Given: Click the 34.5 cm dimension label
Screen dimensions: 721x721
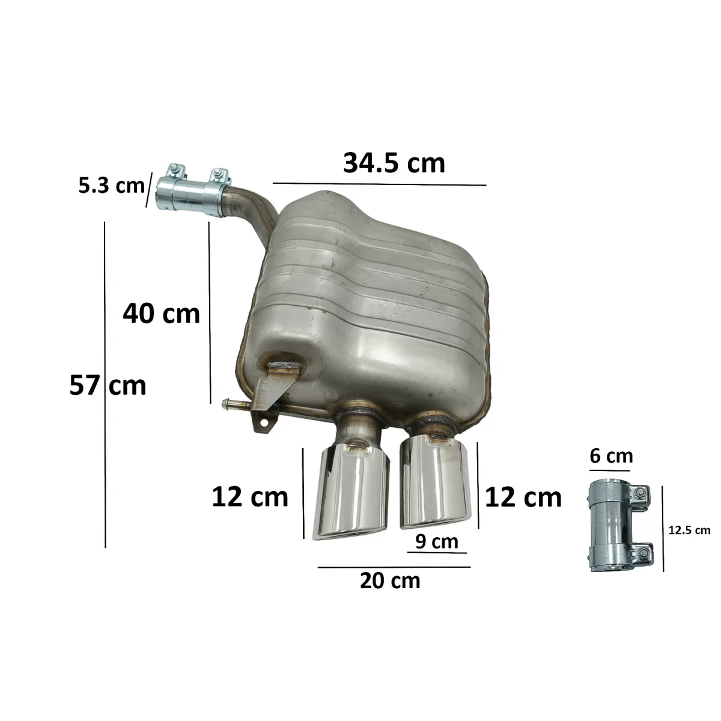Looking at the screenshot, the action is pos(394,163).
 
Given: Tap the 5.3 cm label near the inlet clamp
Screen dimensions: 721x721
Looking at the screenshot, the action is pos(111,185).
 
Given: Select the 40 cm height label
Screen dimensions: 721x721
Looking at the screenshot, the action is pos(161,314).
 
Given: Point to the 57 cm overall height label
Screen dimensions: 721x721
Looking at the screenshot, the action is pos(108,385).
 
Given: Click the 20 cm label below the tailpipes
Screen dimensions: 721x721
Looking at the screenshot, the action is pos(390,580).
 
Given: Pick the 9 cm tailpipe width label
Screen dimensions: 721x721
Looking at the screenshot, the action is pos(437,541).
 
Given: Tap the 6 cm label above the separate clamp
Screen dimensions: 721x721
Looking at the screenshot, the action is pos(612,455).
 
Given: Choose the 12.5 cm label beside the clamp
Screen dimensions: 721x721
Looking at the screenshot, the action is pos(689,530).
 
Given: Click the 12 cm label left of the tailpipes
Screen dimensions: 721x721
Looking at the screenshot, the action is pos(250,497).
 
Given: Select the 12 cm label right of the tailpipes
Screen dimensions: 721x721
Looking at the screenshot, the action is pos(523,497).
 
